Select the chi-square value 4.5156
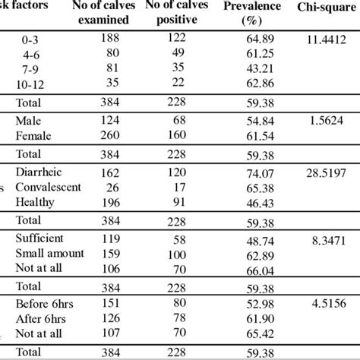[x=330, y=302]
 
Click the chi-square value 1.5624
[x=330, y=121]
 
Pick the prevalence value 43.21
[x=256, y=68]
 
